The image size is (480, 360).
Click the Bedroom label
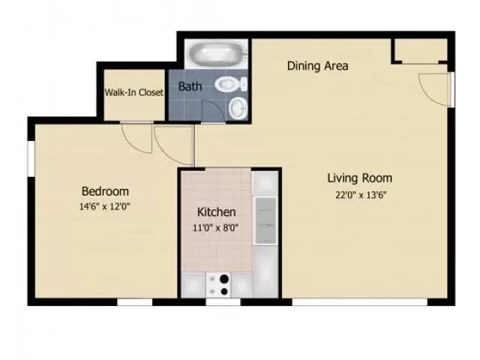point(105,191)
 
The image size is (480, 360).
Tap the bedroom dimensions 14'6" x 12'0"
point(105,205)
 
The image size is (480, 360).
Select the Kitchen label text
point(216,212)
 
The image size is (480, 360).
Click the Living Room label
point(359,178)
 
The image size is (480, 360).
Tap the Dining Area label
point(317,66)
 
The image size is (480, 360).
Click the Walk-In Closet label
point(134,93)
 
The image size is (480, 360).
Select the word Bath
point(190,86)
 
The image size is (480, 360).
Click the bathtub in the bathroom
point(216,54)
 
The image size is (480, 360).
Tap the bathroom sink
point(237,108)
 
